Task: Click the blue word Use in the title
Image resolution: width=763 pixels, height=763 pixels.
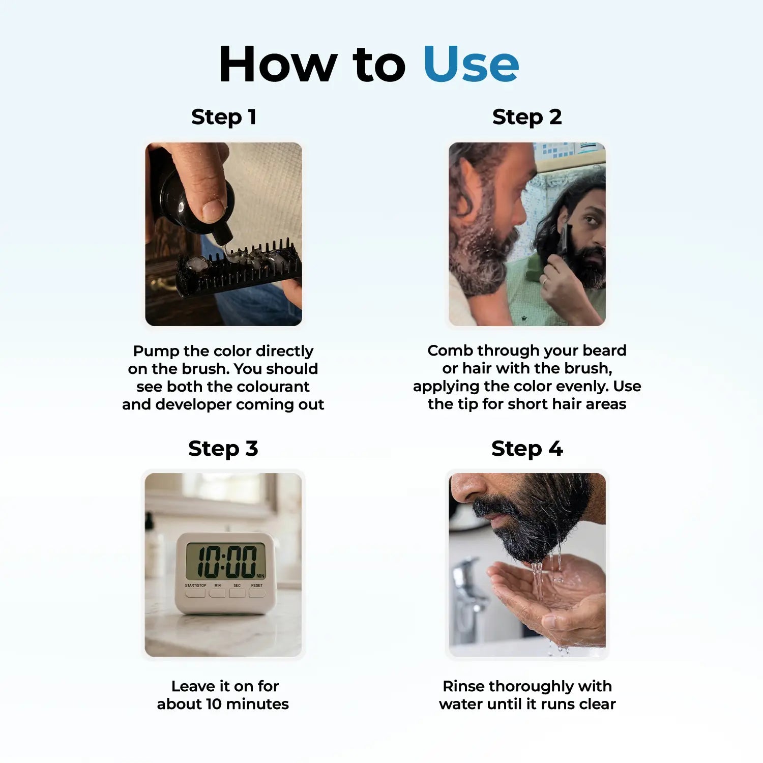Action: tap(471, 64)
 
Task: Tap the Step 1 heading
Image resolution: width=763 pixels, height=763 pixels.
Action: tap(224, 117)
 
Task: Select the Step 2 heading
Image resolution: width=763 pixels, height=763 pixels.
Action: tap(527, 117)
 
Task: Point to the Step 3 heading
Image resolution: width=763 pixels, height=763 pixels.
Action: tap(223, 449)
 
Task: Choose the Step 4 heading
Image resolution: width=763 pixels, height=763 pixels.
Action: tap(527, 449)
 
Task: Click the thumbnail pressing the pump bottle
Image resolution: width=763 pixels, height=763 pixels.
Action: tap(223, 234)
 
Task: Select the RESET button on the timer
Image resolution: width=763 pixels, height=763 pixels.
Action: tap(257, 592)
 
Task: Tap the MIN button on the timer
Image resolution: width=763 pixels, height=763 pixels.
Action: tap(218, 592)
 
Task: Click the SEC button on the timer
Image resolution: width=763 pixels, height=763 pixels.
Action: tap(237, 592)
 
